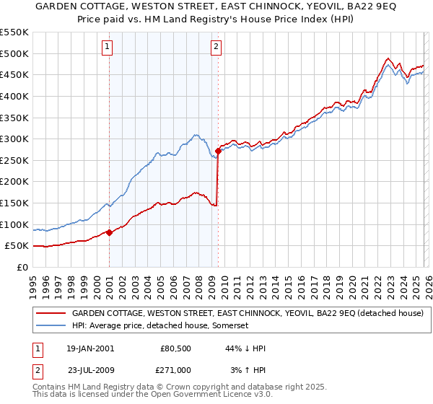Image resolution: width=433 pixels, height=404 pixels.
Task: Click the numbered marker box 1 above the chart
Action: click(108, 48)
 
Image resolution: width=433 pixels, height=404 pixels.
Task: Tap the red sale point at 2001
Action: click(109, 232)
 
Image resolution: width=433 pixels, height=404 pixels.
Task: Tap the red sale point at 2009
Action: click(218, 151)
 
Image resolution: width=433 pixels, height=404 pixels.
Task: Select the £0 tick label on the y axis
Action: click(23, 267)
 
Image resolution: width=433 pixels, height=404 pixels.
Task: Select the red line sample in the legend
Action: click(51, 314)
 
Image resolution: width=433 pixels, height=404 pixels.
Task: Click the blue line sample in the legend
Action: click(51, 326)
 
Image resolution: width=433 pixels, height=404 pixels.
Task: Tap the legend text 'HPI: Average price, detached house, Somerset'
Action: click(159, 326)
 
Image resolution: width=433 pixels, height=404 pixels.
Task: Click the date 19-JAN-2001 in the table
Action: click(90, 348)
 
